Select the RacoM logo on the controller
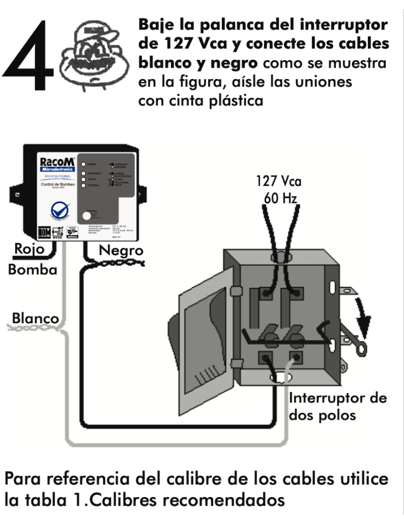pos(57,160)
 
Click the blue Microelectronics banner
pos(57,169)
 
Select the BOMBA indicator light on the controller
pos(85,164)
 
